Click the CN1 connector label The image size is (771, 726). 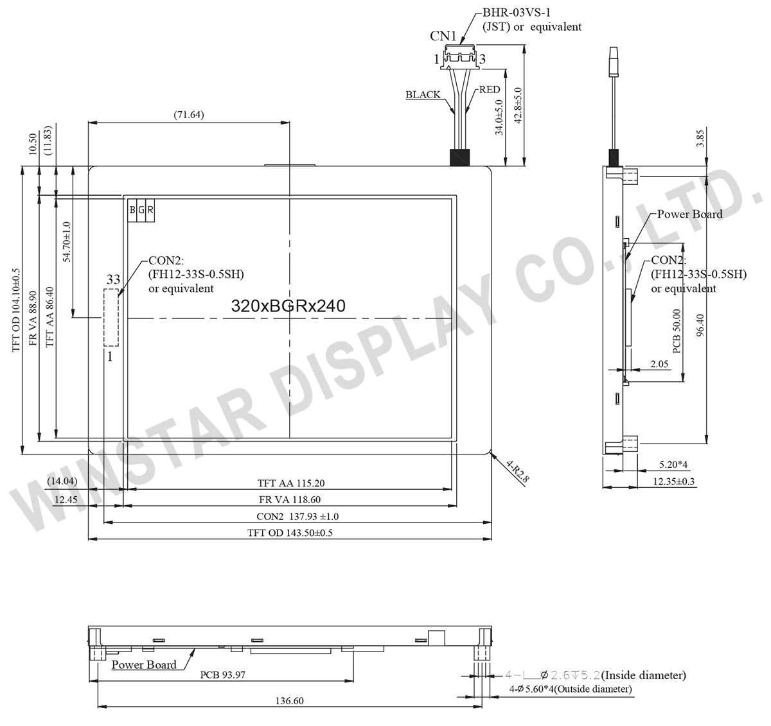tap(443, 36)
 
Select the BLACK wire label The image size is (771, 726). tap(423, 94)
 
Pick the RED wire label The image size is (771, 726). tap(490, 90)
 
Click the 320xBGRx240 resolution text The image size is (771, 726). tap(288, 306)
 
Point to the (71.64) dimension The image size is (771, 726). tap(188, 115)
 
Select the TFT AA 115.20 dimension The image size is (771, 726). tap(296, 483)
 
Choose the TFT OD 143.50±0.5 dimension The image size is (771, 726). tap(290, 533)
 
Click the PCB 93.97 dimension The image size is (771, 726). tap(222, 675)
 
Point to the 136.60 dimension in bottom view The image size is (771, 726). tap(289, 701)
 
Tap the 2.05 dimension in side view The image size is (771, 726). tap(659, 364)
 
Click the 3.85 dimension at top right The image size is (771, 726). tap(700, 139)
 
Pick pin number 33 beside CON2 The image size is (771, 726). tap(113, 279)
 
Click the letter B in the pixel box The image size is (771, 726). tap(132, 210)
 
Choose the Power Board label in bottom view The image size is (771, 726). tap(144, 664)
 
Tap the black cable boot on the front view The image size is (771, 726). tap(459, 158)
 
